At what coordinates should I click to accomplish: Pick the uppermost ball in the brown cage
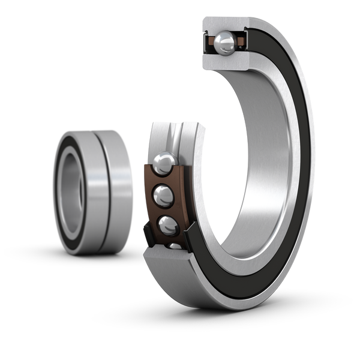[164, 162]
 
